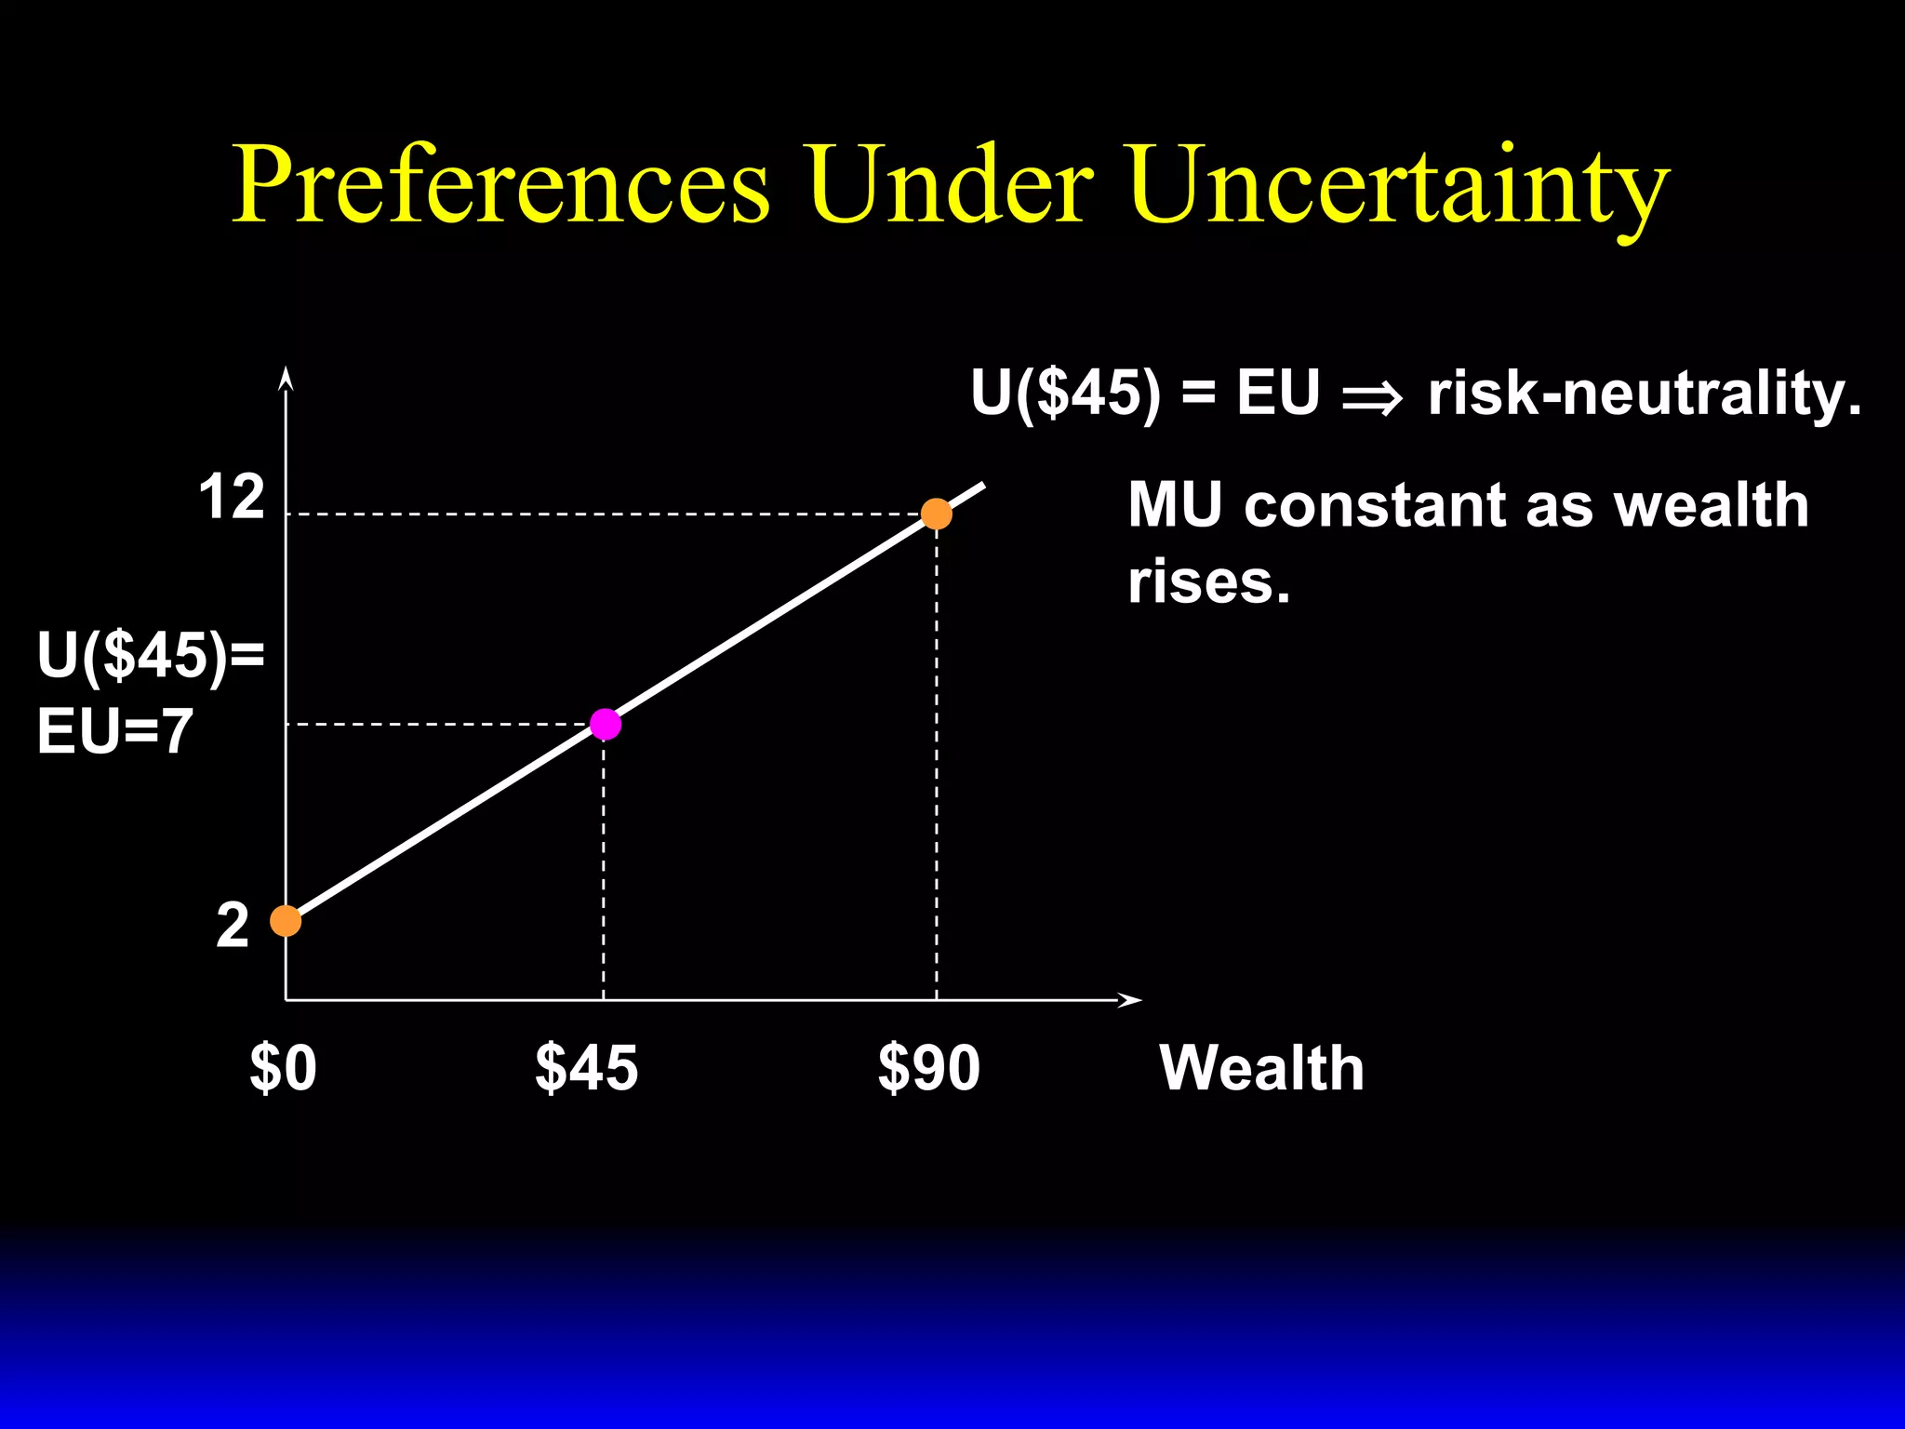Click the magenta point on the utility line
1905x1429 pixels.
pos(606,724)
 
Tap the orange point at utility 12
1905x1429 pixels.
pos(936,514)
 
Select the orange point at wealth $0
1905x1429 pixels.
pos(286,921)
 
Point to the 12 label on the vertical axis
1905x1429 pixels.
pos(232,498)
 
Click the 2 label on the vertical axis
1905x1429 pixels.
pos(233,926)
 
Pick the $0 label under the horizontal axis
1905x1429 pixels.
pos(283,1068)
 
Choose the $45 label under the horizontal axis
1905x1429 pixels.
pos(586,1068)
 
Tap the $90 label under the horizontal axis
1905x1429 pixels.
pos(928,1068)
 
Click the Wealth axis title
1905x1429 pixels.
pos(1261,1068)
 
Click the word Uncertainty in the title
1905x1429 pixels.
pos(1400,186)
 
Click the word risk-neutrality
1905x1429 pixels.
pos(1645,394)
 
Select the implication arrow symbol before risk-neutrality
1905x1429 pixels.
pos(1372,397)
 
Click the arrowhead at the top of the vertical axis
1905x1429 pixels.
pos(286,378)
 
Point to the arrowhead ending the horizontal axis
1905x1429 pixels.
pos(1130,1000)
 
